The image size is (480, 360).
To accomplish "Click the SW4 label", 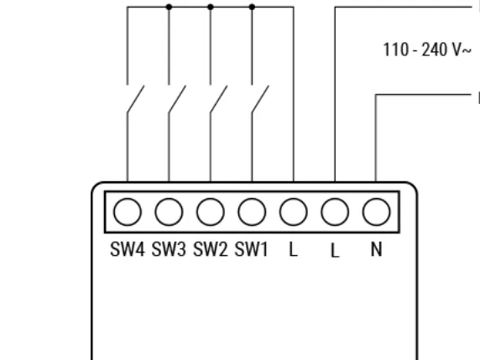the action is pos(127,249).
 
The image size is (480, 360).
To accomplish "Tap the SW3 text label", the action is pos(169,249).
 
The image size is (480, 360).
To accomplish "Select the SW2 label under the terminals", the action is pos(211,249).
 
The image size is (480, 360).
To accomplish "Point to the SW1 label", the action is pos(251,249).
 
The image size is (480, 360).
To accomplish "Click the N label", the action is pos(376,249).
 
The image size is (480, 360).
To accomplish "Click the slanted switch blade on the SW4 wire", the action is pos(136,99).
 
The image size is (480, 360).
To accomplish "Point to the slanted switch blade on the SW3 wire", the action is pos(177,99).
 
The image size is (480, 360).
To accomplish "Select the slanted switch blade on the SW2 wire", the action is pos(219,99).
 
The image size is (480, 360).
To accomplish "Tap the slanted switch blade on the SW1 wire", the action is pos(260,99).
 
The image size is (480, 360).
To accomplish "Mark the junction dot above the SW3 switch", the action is pos(169,7).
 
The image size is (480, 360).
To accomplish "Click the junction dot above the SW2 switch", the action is pos(211,7).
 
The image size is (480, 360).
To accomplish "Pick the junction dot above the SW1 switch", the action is pos(252,7).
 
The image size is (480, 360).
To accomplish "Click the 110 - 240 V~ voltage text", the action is pos(427,50).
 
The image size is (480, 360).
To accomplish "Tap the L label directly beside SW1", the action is pos(293,249).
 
